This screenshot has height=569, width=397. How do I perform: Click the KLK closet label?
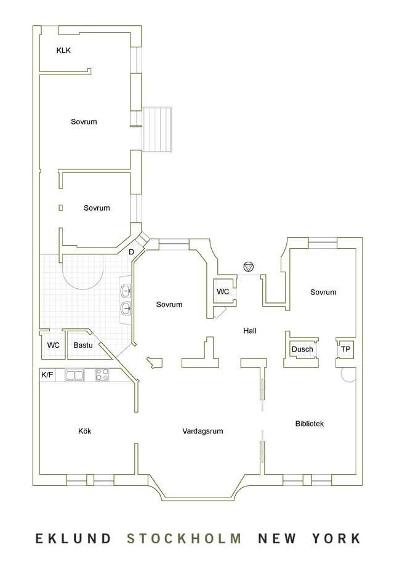coord(63,50)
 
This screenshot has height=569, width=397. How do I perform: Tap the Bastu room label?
coord(82,345)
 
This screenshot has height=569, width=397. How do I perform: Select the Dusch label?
coord(302,349)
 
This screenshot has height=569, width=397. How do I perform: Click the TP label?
coord(345,349)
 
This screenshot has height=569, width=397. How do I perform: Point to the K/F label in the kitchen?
coord(47,375)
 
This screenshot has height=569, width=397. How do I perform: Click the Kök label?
coord(85,431)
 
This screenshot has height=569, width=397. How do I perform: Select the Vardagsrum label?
coord(203,431)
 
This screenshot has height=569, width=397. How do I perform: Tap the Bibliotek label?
coord(309,424)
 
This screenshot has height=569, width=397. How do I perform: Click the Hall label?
coord(250,331)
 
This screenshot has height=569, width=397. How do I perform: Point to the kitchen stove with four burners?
coord(102,374)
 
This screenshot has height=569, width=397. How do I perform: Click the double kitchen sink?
coord(74,375)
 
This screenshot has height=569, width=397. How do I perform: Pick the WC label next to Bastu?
coord(54,345)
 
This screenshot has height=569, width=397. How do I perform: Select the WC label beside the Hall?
coord(223,291)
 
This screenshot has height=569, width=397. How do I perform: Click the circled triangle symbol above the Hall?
coord(249,267)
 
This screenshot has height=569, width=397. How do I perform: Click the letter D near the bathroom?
coord(131,251)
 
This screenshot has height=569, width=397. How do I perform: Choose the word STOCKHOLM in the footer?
coord(184,538)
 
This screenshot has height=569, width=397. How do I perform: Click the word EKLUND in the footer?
coord(73,538)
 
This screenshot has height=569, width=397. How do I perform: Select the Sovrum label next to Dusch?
coord(323,292)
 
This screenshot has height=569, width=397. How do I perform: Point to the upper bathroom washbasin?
coord(126,291)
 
